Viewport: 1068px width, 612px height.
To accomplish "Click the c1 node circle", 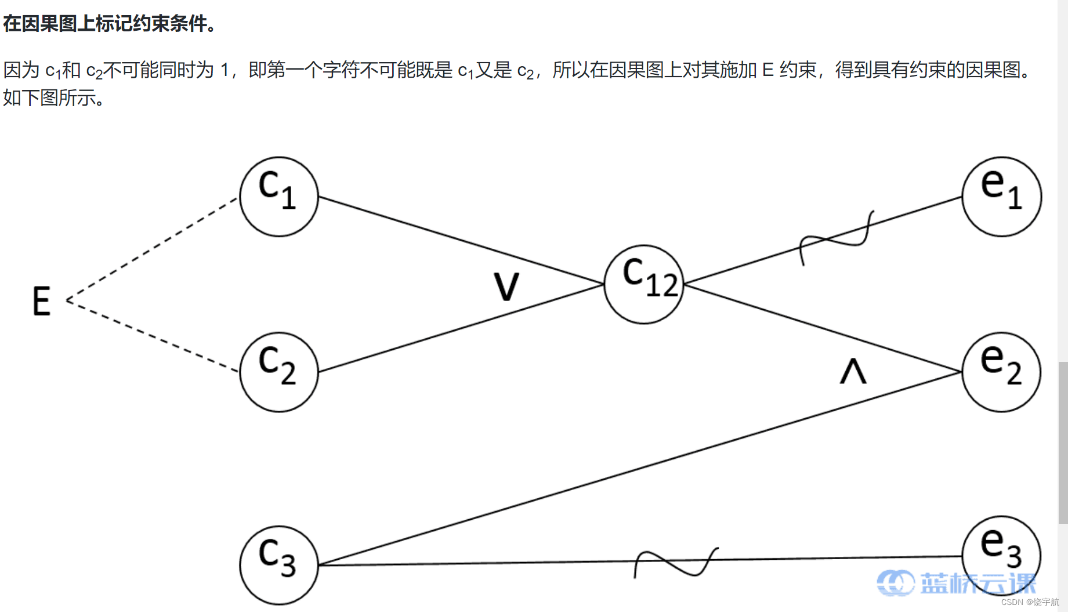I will pos(279,196).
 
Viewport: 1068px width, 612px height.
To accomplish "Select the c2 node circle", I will pos(279,372).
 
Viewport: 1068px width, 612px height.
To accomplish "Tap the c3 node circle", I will pos(279,564).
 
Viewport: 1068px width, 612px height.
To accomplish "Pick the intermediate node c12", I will pos(644,284).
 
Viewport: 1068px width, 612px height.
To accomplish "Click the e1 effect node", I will pos(1002,196).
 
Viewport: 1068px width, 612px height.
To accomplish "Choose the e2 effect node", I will pos(1001,372).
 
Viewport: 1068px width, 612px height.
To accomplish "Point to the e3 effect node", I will pos(1001,556).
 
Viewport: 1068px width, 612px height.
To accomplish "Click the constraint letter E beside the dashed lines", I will pos(41,301).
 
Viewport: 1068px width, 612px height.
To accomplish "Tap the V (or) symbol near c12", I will pos(506,286).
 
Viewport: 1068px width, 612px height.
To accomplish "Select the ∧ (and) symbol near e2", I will pos(853,371).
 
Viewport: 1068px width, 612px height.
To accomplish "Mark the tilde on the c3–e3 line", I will pos(676,563).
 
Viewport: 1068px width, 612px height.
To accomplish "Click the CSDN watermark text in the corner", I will pos(1030,602).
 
